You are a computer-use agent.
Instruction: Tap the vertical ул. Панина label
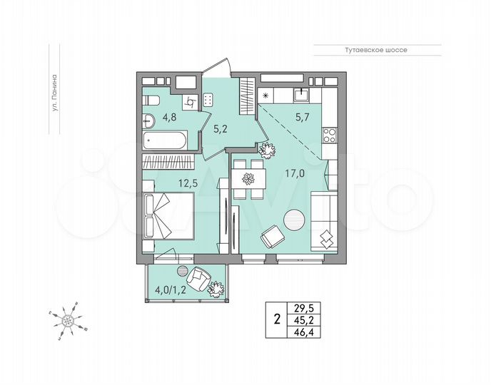(54, 108)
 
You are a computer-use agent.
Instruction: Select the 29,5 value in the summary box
(304, 308)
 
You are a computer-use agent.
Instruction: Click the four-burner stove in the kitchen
(330, 133)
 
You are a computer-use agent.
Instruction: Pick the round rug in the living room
(293, 219)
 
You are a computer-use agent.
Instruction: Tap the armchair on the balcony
(199, 276)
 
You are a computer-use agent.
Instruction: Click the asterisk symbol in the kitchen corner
(266, 96)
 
